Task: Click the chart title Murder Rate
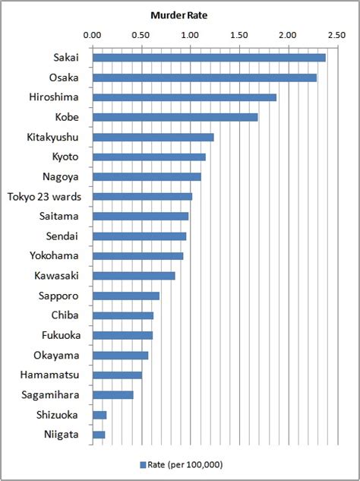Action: (179, 15)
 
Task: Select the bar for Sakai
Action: (209, 58)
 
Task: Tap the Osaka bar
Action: (204, 78)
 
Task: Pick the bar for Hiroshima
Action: (185, 97)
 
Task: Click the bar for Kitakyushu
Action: (153, 137)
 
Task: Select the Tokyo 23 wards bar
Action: (142, 196)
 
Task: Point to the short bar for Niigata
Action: (99, 435)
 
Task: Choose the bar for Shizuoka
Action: (99, 415)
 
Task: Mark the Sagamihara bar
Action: (112, 395)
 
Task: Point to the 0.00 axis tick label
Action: (92, 35)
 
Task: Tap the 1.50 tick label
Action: (239, 35)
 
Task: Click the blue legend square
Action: (142, 464)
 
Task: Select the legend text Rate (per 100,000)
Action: (185, 464)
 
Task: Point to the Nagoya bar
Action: (147, 176)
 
